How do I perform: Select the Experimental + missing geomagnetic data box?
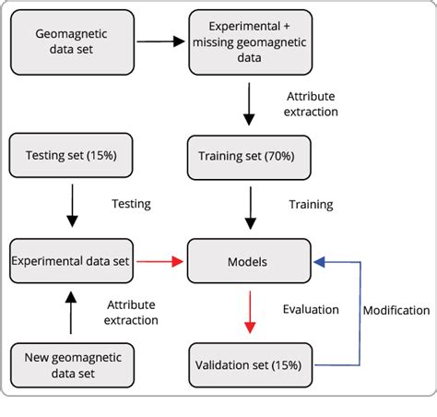[x=248, y=42]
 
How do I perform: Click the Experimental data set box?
[x=71, y=262]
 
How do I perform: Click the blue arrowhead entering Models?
[x=318, y=262]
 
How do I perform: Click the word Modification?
[x=396, y=310]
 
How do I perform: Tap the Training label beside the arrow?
[x=311, y=204]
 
